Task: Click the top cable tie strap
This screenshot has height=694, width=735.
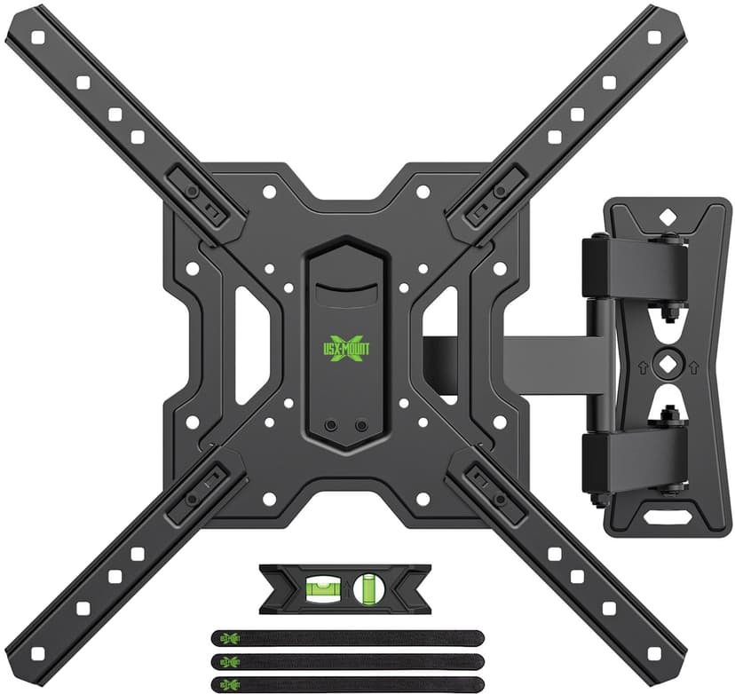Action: pyautogui.click(x=346, y=637)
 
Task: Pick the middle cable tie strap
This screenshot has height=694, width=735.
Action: pyautogui.click(x=346, y=661)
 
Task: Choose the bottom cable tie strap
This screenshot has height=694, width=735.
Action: pyautogui.click(x=346, y=683)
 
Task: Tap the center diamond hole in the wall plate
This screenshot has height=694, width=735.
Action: pyautogui.click(x=667, y=365)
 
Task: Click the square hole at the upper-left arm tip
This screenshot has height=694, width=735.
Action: pyautogui.click(x=37, y=38)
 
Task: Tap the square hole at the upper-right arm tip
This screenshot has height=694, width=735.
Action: pyautogui.click(x=655, y=38)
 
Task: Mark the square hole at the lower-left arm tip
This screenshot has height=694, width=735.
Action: pyautogui.click(x=37, y=655)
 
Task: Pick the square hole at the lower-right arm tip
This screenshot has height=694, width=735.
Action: pyautogui.click(x=655, y=655)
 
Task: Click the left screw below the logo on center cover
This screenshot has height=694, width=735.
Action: pyautogui.click(x=331, y=426)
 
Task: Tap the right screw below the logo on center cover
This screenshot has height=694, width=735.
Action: pyautogui.click(x=360, y=426)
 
